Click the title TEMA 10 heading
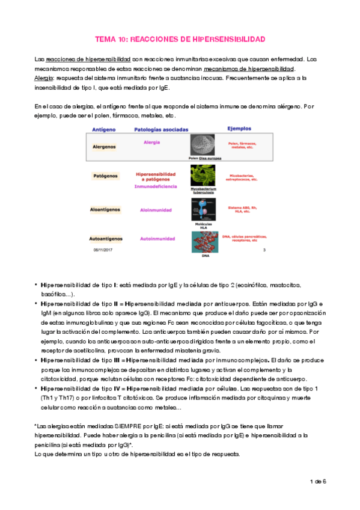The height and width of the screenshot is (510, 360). pyautogui.click(x=180, y=38)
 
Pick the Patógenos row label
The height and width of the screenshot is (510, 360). pyautogui.click(x=105, y=177)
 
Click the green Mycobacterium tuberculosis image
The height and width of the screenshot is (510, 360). pyautogui.click(x=202, y=175)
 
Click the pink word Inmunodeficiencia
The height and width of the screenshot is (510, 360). pyautogui.click(x=156, y=187)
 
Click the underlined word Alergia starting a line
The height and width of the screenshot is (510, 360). pyautogui.click(x=43, y=78)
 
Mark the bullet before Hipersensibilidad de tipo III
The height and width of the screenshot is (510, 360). pyautogui.click(x=36, y=360)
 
